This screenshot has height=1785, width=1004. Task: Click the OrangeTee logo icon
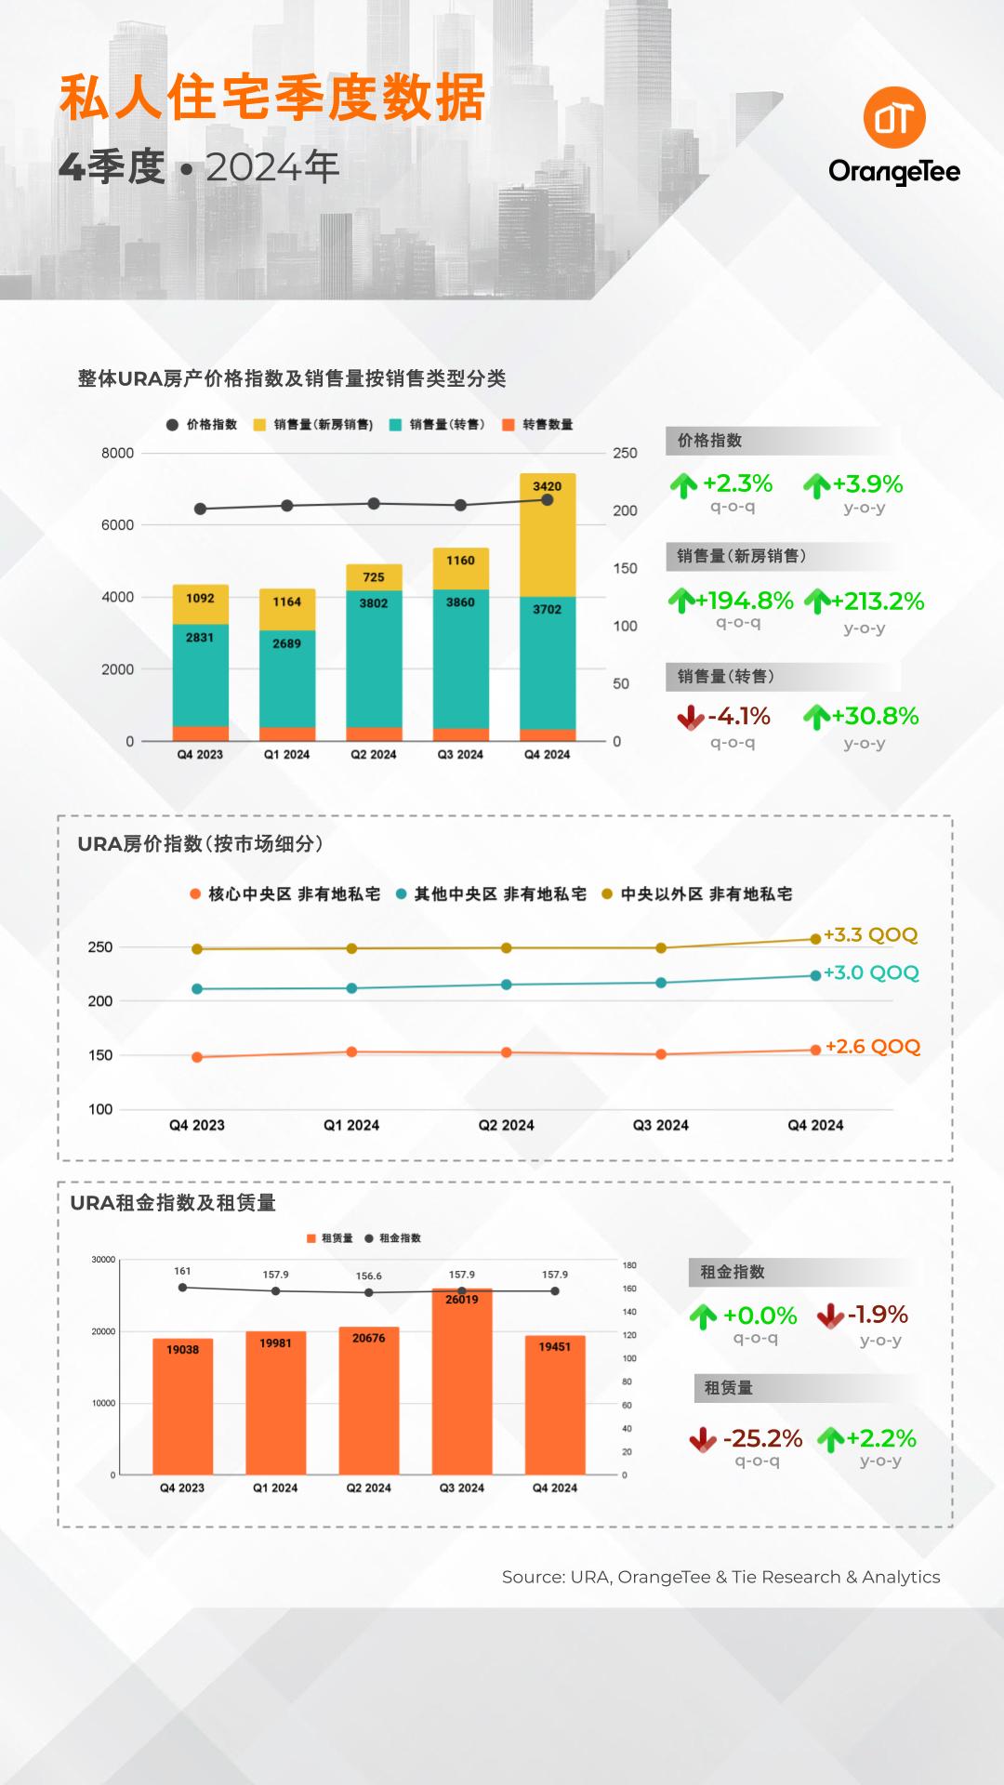pyautogui.click(x=894, y=118)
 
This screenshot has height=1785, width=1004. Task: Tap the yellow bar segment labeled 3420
pyautogui.click(x=548, y=535)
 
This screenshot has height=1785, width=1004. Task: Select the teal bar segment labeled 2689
pyautogui.click(x=287, y=679)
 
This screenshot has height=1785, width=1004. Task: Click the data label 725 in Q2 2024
pyautogui.click(x=374, y=577)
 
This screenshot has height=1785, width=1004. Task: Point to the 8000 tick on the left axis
pyautogui.click(x=118, y=454)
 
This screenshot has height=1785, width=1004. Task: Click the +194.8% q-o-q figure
pyautogui.click(x=746, y=601)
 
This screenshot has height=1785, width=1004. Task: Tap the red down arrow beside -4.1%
pyautogui.click(x=691, y=717)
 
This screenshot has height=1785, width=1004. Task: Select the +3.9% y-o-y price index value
pyautogui.click(x=868, y=483)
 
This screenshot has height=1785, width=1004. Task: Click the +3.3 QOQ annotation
pyautogui.click(x=871, y=934)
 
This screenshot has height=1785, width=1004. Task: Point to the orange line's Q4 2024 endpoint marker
pyautogui.click(x=816, y=1050)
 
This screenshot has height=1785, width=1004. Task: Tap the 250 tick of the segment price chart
pyautogui.click(x=100, y=947)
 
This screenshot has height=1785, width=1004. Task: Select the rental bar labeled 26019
pyautogui.click(x=462, y=1382)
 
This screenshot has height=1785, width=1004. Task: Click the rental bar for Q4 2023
pyautogui.click(x=183, y=1407)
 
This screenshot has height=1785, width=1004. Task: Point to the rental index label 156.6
pyautogui.click(x=369, y=1276)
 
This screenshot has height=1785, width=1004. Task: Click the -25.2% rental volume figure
pyautogui.click(x=762, y=1438)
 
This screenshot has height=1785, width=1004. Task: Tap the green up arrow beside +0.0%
pyautogui.click(x=704, y=1316)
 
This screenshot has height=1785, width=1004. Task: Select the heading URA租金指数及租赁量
pyautogui.click(x=173, y=1203)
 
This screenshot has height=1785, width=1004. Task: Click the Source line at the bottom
pyautogui.click(x=721, y=1577)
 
